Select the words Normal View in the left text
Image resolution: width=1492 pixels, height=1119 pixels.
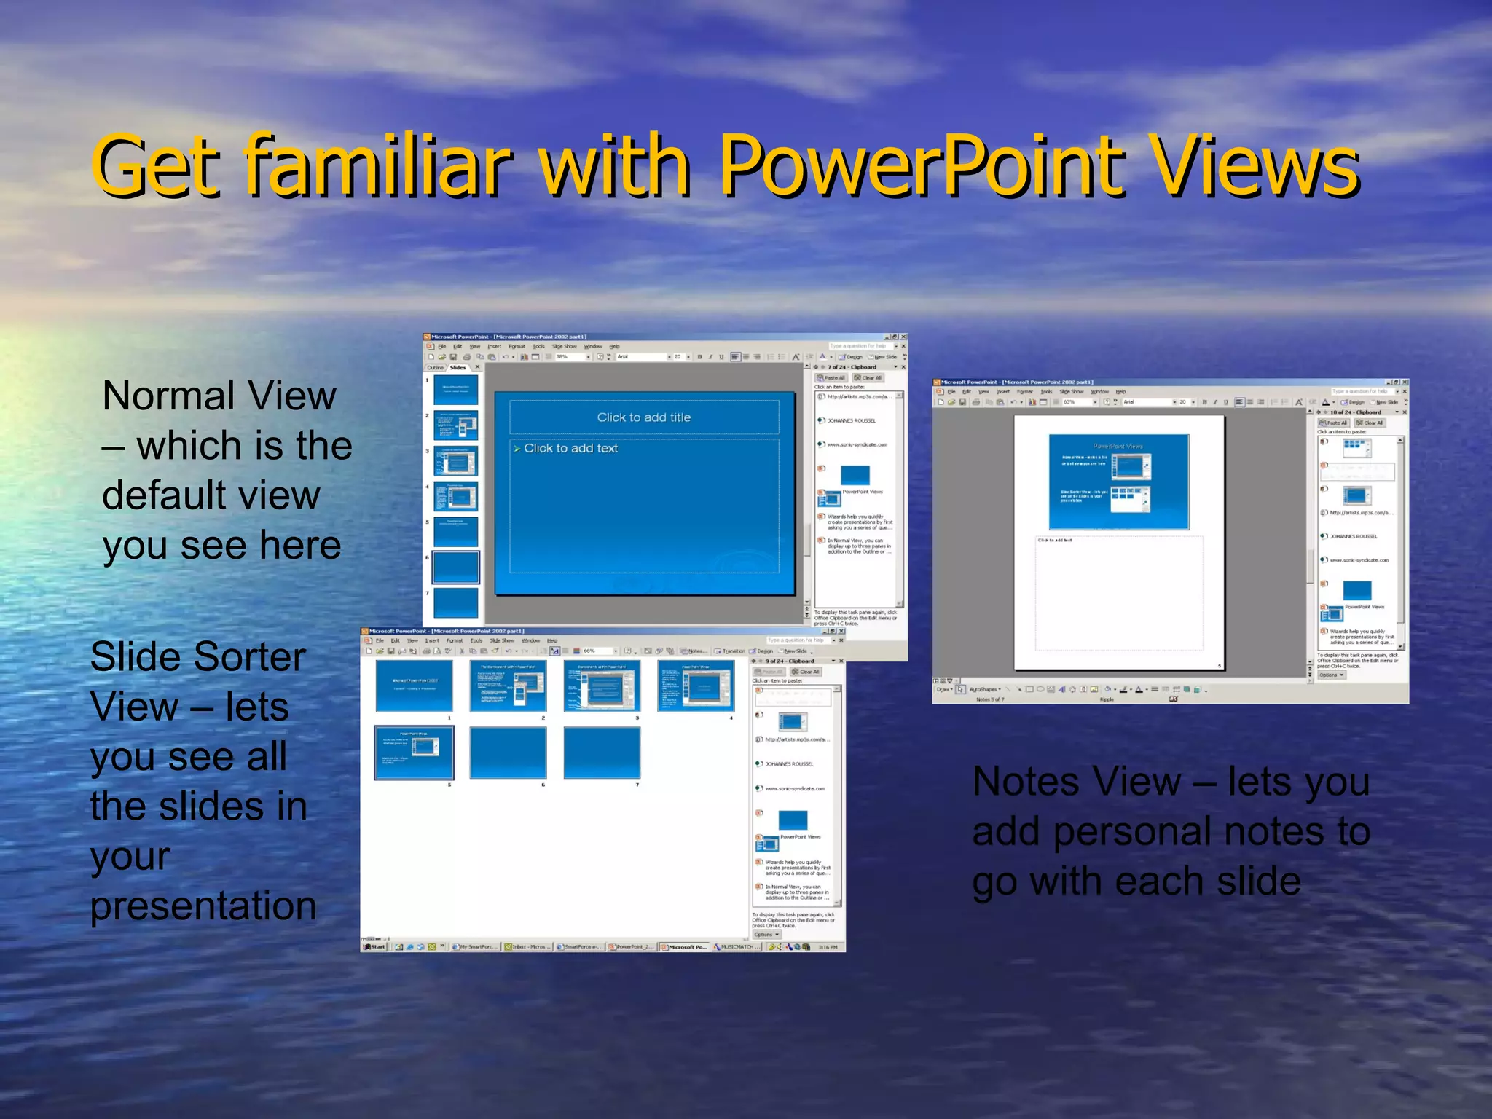pos(219,396)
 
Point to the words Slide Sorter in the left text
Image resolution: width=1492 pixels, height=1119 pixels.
pos(197,656)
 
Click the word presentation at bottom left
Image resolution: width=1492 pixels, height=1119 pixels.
pos(203,906)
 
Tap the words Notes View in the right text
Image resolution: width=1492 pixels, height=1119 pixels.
pos(1077,782)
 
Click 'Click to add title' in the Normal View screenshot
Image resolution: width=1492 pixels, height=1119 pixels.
pos(643,417)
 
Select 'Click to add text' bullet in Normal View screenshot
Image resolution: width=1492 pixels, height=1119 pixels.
pos(570,449)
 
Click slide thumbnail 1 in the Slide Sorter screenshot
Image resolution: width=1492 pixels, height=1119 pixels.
pos(414,686)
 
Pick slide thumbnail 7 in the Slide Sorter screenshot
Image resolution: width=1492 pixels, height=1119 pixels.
pos(602,753)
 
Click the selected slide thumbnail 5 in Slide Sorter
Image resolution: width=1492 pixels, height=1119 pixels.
pos(414,753)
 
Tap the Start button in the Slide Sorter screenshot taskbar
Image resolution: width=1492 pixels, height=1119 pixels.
pos(374,946)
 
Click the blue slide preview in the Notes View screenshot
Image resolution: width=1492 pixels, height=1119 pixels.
pos(1118,482)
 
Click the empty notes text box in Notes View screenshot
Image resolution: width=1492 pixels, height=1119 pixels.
pos(1118,594)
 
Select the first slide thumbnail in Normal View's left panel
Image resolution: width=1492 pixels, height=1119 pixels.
pos(455,389)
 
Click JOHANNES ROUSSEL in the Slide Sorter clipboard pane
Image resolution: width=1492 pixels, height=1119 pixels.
pos(789,764)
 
